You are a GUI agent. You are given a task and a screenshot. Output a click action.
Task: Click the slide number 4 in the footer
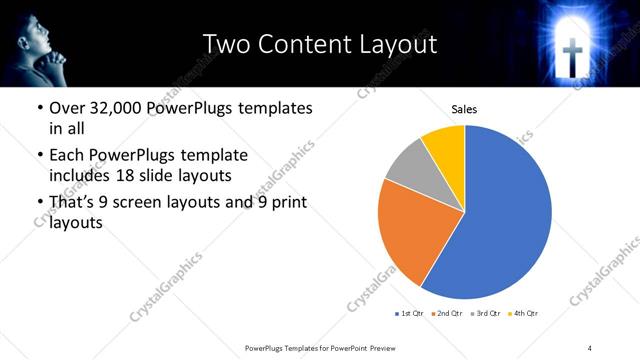tap(590, 347)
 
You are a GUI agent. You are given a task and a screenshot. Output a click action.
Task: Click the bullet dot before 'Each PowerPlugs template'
tap(39, 156)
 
